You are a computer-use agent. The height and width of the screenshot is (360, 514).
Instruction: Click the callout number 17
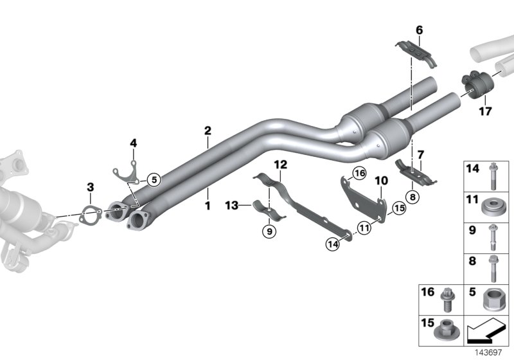point(485,111)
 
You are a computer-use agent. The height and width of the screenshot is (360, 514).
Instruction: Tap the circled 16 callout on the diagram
point(359,174)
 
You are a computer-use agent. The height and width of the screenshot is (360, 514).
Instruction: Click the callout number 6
point(419,30)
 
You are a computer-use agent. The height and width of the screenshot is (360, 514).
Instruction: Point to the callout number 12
point(279,165)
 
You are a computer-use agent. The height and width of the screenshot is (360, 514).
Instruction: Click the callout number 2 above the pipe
point(208,130)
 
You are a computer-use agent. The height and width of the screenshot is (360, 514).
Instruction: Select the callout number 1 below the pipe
point(208,190)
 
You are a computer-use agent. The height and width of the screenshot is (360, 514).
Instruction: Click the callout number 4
point(134,142)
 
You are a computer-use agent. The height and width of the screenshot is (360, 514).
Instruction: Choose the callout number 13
point(233,205)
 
